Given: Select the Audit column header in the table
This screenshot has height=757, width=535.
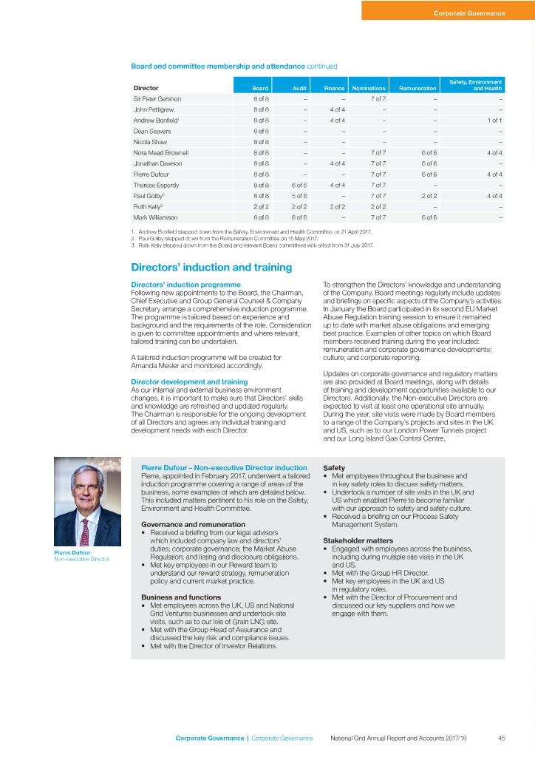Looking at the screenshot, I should (x=299, y=88).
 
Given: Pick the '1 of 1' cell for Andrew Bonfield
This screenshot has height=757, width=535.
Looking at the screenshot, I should (x=495, y=120).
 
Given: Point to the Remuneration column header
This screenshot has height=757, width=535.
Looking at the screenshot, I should (x=418, y=88).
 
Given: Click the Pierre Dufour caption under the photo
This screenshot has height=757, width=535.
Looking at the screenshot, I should (x=71, y=551).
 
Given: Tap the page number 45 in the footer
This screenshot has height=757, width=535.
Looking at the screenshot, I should (x=501, y=738).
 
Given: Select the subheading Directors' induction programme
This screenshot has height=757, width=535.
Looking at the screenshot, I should (x=185, y=284).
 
